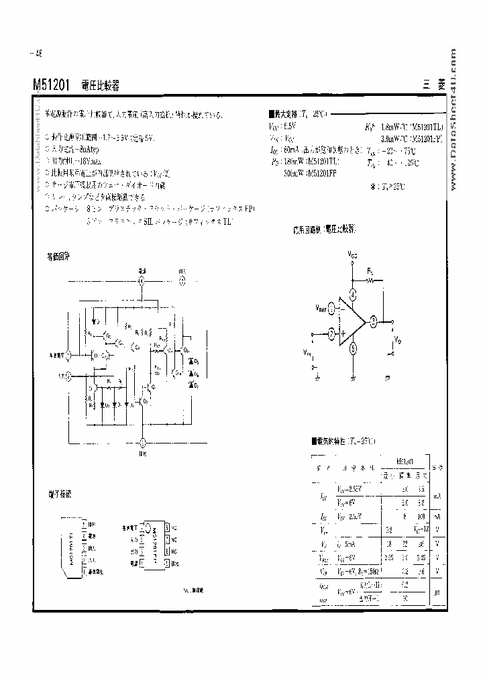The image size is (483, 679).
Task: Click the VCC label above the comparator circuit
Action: click(353, 255)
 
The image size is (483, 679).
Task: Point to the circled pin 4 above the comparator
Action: click(353, 296)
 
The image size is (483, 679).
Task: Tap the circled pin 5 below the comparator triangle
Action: click(353, 349)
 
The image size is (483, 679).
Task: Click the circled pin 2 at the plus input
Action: click(331, 333)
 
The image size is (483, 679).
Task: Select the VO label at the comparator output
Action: click(397, 338)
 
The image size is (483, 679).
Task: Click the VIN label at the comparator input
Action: click(308, 351)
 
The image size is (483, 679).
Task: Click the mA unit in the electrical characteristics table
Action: click(437, 497)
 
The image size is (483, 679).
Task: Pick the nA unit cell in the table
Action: click(437, 517)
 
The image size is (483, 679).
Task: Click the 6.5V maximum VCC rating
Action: click(288, 125)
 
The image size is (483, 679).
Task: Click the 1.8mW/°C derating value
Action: click(392, 125)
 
